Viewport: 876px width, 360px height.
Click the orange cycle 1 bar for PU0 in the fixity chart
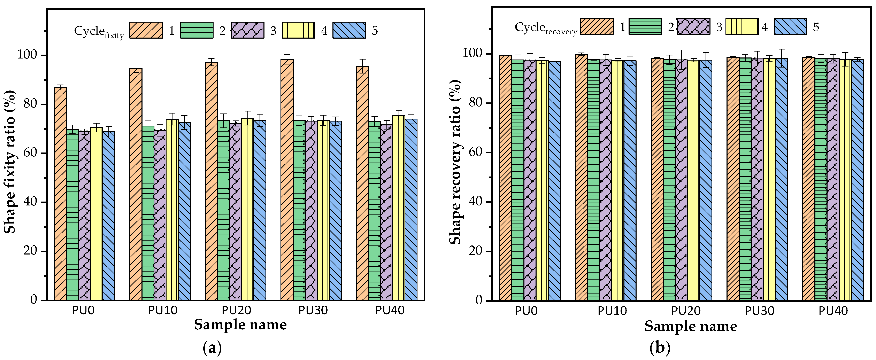pos(60,194)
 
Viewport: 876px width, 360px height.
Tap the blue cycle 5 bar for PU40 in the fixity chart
pos(411,209)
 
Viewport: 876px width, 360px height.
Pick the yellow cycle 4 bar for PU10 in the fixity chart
pos(172,209)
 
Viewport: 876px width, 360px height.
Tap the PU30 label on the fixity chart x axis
pos(313,310)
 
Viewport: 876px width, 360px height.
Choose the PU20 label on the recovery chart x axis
pos(686,311)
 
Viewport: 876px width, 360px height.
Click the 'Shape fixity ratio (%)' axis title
pos(10,162)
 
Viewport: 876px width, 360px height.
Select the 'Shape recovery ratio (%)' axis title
pos(455,162)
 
